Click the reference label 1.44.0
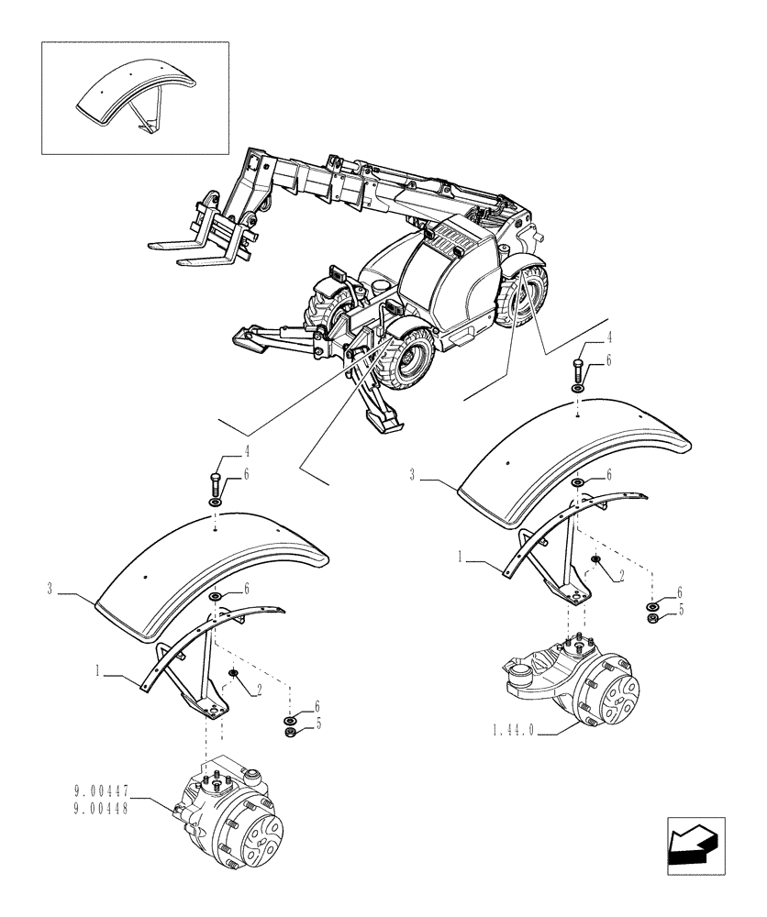click(515, 732)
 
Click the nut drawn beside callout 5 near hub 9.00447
click(291, 731)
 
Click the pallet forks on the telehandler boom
click(198, 248)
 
